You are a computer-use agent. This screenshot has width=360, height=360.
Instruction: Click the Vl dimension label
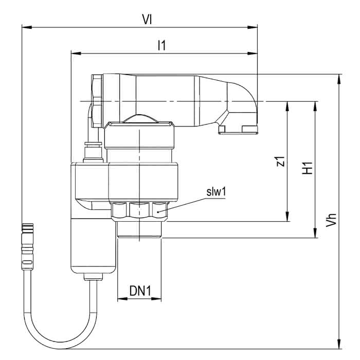click(x=147, y=20)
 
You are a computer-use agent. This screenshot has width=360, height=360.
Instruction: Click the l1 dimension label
click(x=161, y=45)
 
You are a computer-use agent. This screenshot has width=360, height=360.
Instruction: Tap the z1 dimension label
click(x=281, y=161)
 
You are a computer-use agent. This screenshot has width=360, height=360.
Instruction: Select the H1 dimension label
click(x=307, y=168)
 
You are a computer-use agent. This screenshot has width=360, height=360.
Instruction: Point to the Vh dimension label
click(x=331, y=220)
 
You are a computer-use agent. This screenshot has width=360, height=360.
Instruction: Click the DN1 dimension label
click(x=140, y=291)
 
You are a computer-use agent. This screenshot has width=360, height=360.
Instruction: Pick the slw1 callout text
click(x=216, y=192)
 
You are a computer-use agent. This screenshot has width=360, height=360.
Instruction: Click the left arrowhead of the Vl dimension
click(x=27, y=27)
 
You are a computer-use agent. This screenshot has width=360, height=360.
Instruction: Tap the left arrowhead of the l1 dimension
click(x=76, y=53)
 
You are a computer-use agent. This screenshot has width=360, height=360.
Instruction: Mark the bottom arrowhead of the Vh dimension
click(x=339, y=344)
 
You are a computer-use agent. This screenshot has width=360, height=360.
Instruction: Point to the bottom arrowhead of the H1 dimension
click(x=315, y=233)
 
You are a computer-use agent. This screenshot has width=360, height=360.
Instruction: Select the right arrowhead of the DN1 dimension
click(x=156, y=299)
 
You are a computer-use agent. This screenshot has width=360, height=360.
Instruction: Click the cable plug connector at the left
click(x=27, y=246)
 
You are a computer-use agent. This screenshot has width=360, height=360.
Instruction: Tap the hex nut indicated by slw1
click(x=139, y=211)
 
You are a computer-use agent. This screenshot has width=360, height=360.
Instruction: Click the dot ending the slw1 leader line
click(x=158, y=212)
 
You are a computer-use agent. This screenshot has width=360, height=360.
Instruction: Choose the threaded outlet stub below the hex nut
click(x=139, y=229)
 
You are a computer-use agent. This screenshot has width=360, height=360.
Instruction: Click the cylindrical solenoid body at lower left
click(x=94, y=246)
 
